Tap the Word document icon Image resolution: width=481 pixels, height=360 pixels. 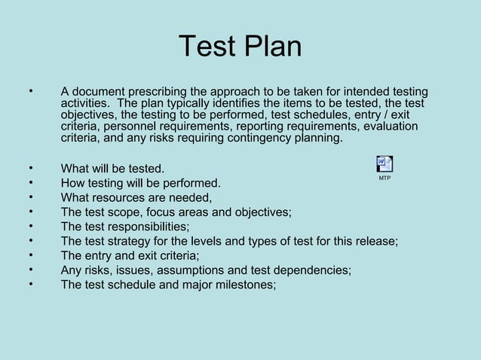tap(384, 164)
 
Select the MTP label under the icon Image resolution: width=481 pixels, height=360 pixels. tap(384, 178)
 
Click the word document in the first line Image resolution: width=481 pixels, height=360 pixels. tap(101, 93)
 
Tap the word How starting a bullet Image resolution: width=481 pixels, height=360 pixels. tap(74, 183)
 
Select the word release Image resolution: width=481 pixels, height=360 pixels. tap(374, 242)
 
